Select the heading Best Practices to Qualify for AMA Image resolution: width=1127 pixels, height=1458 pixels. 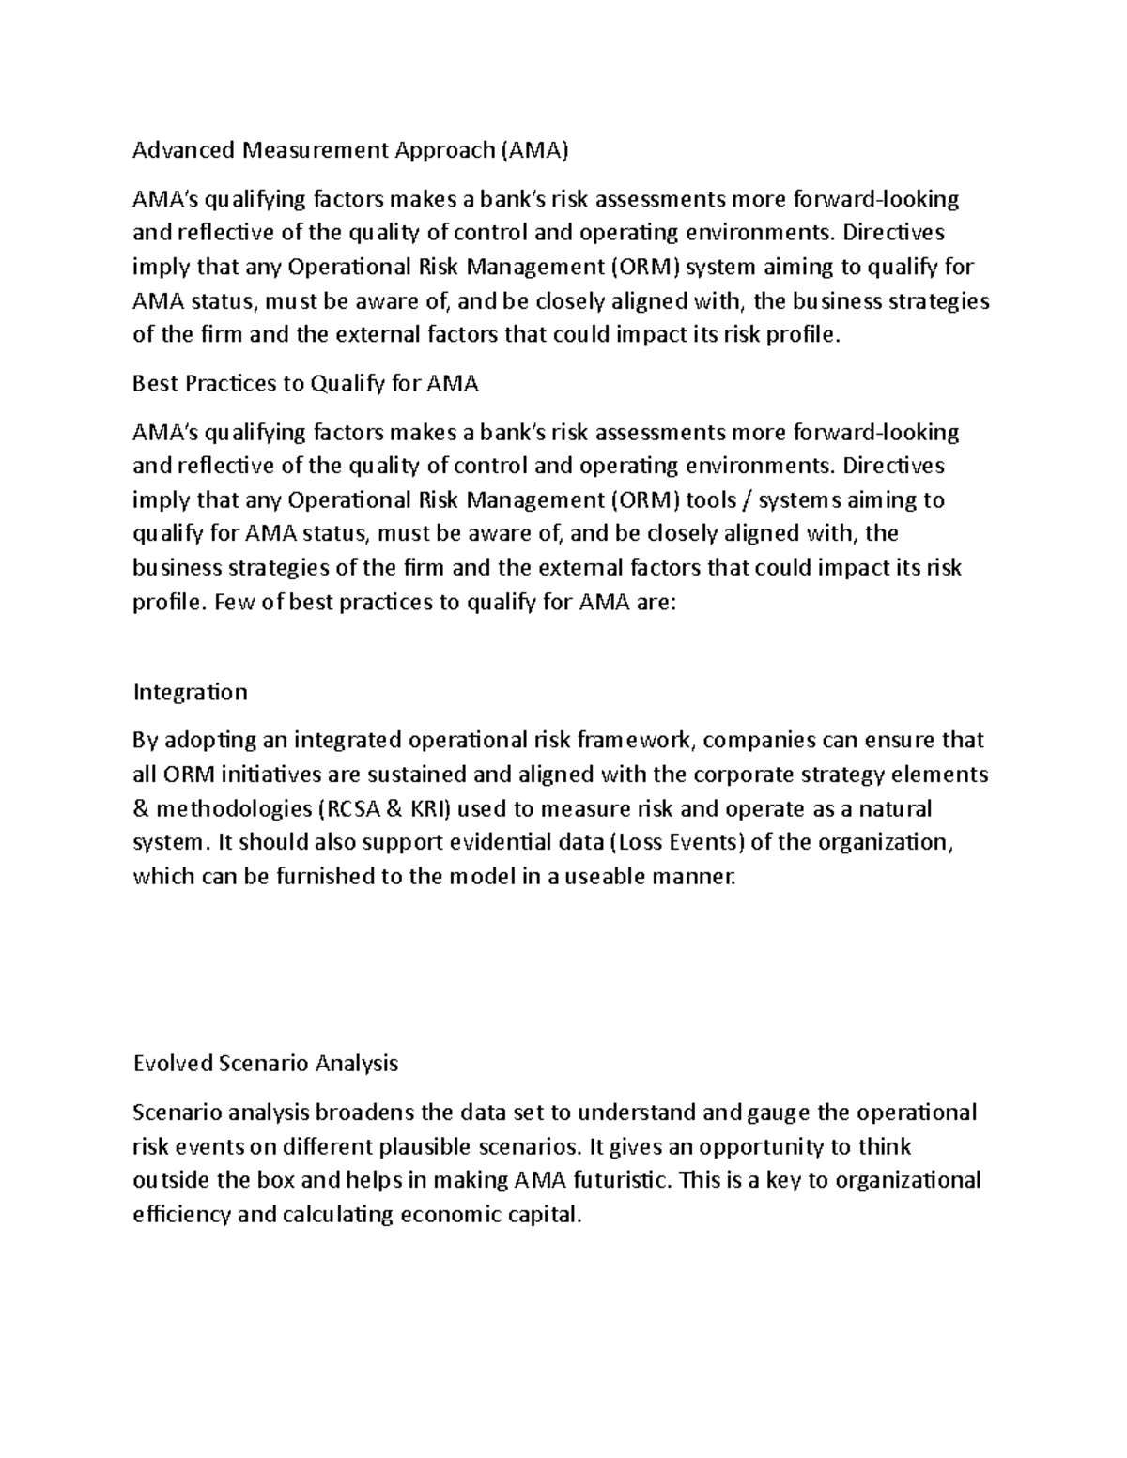(306, 384)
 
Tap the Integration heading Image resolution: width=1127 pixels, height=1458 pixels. (191, 693)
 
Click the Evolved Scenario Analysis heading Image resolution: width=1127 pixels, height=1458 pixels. (266, 1064)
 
